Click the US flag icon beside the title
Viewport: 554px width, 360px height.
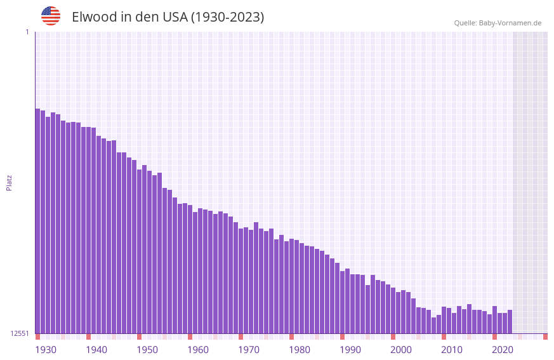pos(51,16)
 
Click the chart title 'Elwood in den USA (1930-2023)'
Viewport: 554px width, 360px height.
pos(168,17)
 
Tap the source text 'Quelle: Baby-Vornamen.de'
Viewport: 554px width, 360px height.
pos(498,23)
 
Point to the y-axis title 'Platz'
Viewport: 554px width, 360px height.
pos(9,182)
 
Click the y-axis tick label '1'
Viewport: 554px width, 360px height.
pos(27,32)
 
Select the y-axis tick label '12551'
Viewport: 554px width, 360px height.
pos(20,333)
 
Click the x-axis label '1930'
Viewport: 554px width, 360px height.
pos(46,350)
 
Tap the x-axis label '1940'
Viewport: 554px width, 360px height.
pos(96,350)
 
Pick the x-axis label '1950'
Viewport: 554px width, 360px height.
pos(147,350)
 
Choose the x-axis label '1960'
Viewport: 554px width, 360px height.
pos(198,350)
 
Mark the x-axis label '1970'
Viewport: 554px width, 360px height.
pos(249,350)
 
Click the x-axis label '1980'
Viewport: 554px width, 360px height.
pos(300,350)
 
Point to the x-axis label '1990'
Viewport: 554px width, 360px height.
pos(350,350)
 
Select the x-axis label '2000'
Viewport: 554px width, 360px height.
pos(401,350)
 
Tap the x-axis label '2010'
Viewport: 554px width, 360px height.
pos(452,350)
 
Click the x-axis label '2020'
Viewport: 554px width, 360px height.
pos(503,350)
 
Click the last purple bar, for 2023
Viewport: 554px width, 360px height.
pos(510,322)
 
